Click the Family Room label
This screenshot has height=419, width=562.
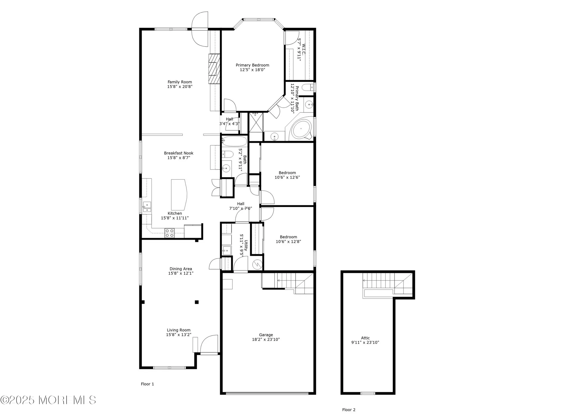[180, 82]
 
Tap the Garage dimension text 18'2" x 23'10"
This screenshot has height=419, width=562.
[266, 339]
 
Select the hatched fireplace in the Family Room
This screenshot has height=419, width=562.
[214, 69]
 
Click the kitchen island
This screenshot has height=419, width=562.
[179, 194]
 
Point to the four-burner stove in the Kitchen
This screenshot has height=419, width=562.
[169, 233]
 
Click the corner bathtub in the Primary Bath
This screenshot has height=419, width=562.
[301, 129]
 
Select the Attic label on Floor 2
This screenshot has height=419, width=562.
[365, 338]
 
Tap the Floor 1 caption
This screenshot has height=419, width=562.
[147, 384]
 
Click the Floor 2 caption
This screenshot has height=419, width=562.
[349, 410]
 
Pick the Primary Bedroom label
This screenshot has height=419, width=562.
[252, 65]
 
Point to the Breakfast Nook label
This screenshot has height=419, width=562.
[179, 153]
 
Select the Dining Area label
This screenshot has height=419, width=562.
[181, 269]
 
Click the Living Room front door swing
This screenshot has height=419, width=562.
[210, 344]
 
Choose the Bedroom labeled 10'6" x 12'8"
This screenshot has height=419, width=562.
[288, 239]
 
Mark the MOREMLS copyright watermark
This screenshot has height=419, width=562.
[48, 400]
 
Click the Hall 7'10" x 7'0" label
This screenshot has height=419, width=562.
[241, 206]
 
